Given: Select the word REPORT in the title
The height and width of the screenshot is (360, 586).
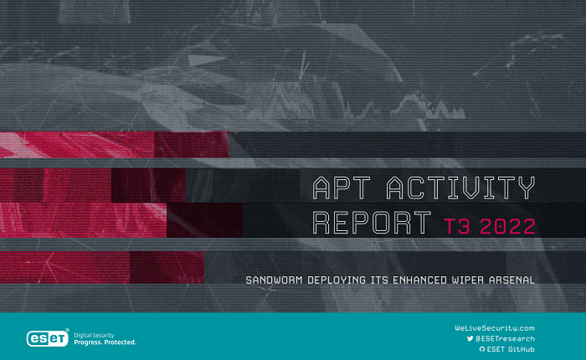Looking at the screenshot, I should [x=366, y=223].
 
